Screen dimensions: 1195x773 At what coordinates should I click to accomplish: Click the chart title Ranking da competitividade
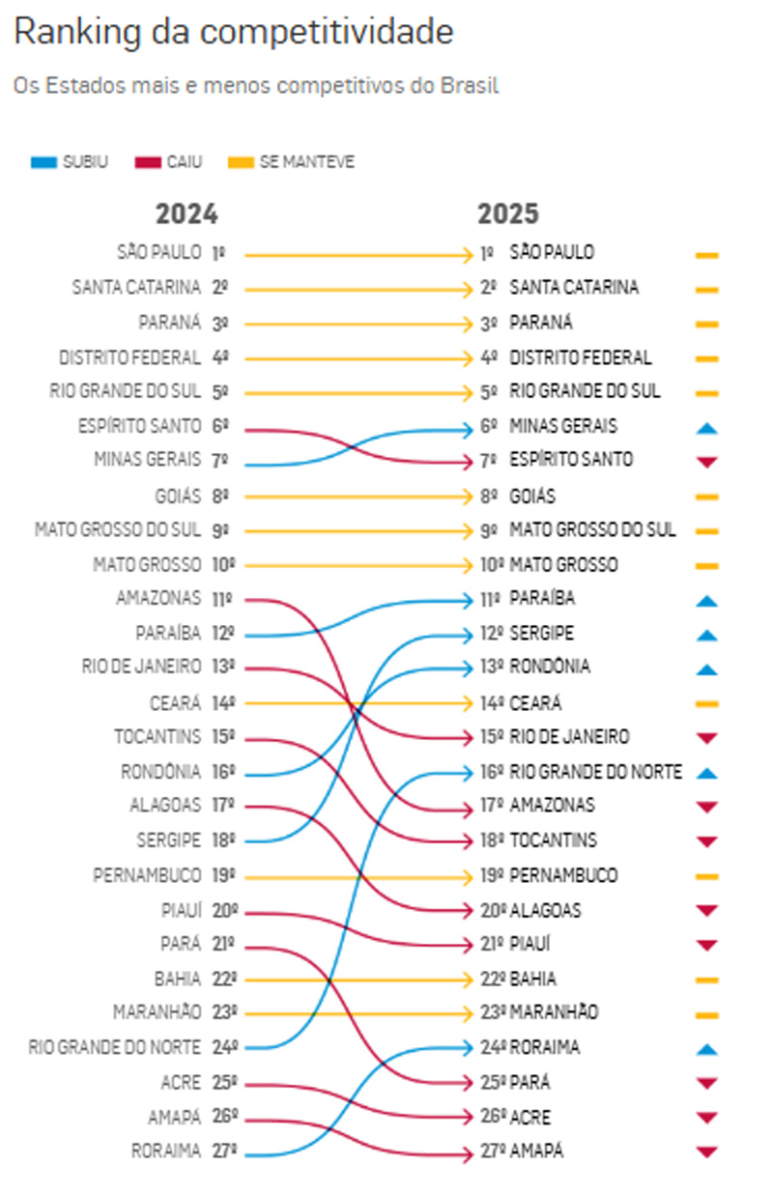(233, 33)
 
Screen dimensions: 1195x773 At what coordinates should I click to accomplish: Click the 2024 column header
(186, 213)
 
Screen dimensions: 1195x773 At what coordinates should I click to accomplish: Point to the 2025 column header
(507, 213)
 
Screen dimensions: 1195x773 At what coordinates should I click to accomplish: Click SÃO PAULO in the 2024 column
(158, 254)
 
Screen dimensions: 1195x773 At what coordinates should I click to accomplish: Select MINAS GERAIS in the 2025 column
(563, 427)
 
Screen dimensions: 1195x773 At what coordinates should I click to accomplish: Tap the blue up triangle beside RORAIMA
(707, 1049)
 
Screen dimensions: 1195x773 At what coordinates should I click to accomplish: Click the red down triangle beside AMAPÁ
(707, 1152)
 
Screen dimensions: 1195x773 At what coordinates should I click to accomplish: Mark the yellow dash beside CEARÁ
(707, 703)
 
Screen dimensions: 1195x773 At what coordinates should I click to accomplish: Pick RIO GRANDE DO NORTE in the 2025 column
(595, 772)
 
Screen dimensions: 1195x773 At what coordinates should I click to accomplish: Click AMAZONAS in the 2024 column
(158, 599)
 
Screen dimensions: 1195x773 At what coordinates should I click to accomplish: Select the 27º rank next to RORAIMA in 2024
(224, 1152)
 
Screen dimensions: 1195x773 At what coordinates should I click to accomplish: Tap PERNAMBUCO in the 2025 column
(563, 876)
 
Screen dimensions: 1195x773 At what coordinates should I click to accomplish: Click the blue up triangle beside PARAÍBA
(707, 601)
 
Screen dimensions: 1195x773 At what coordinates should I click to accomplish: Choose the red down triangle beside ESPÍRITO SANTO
(707, 462)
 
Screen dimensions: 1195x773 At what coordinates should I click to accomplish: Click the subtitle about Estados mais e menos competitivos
(255, 86)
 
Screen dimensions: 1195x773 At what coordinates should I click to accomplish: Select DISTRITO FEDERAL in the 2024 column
(129, 357)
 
